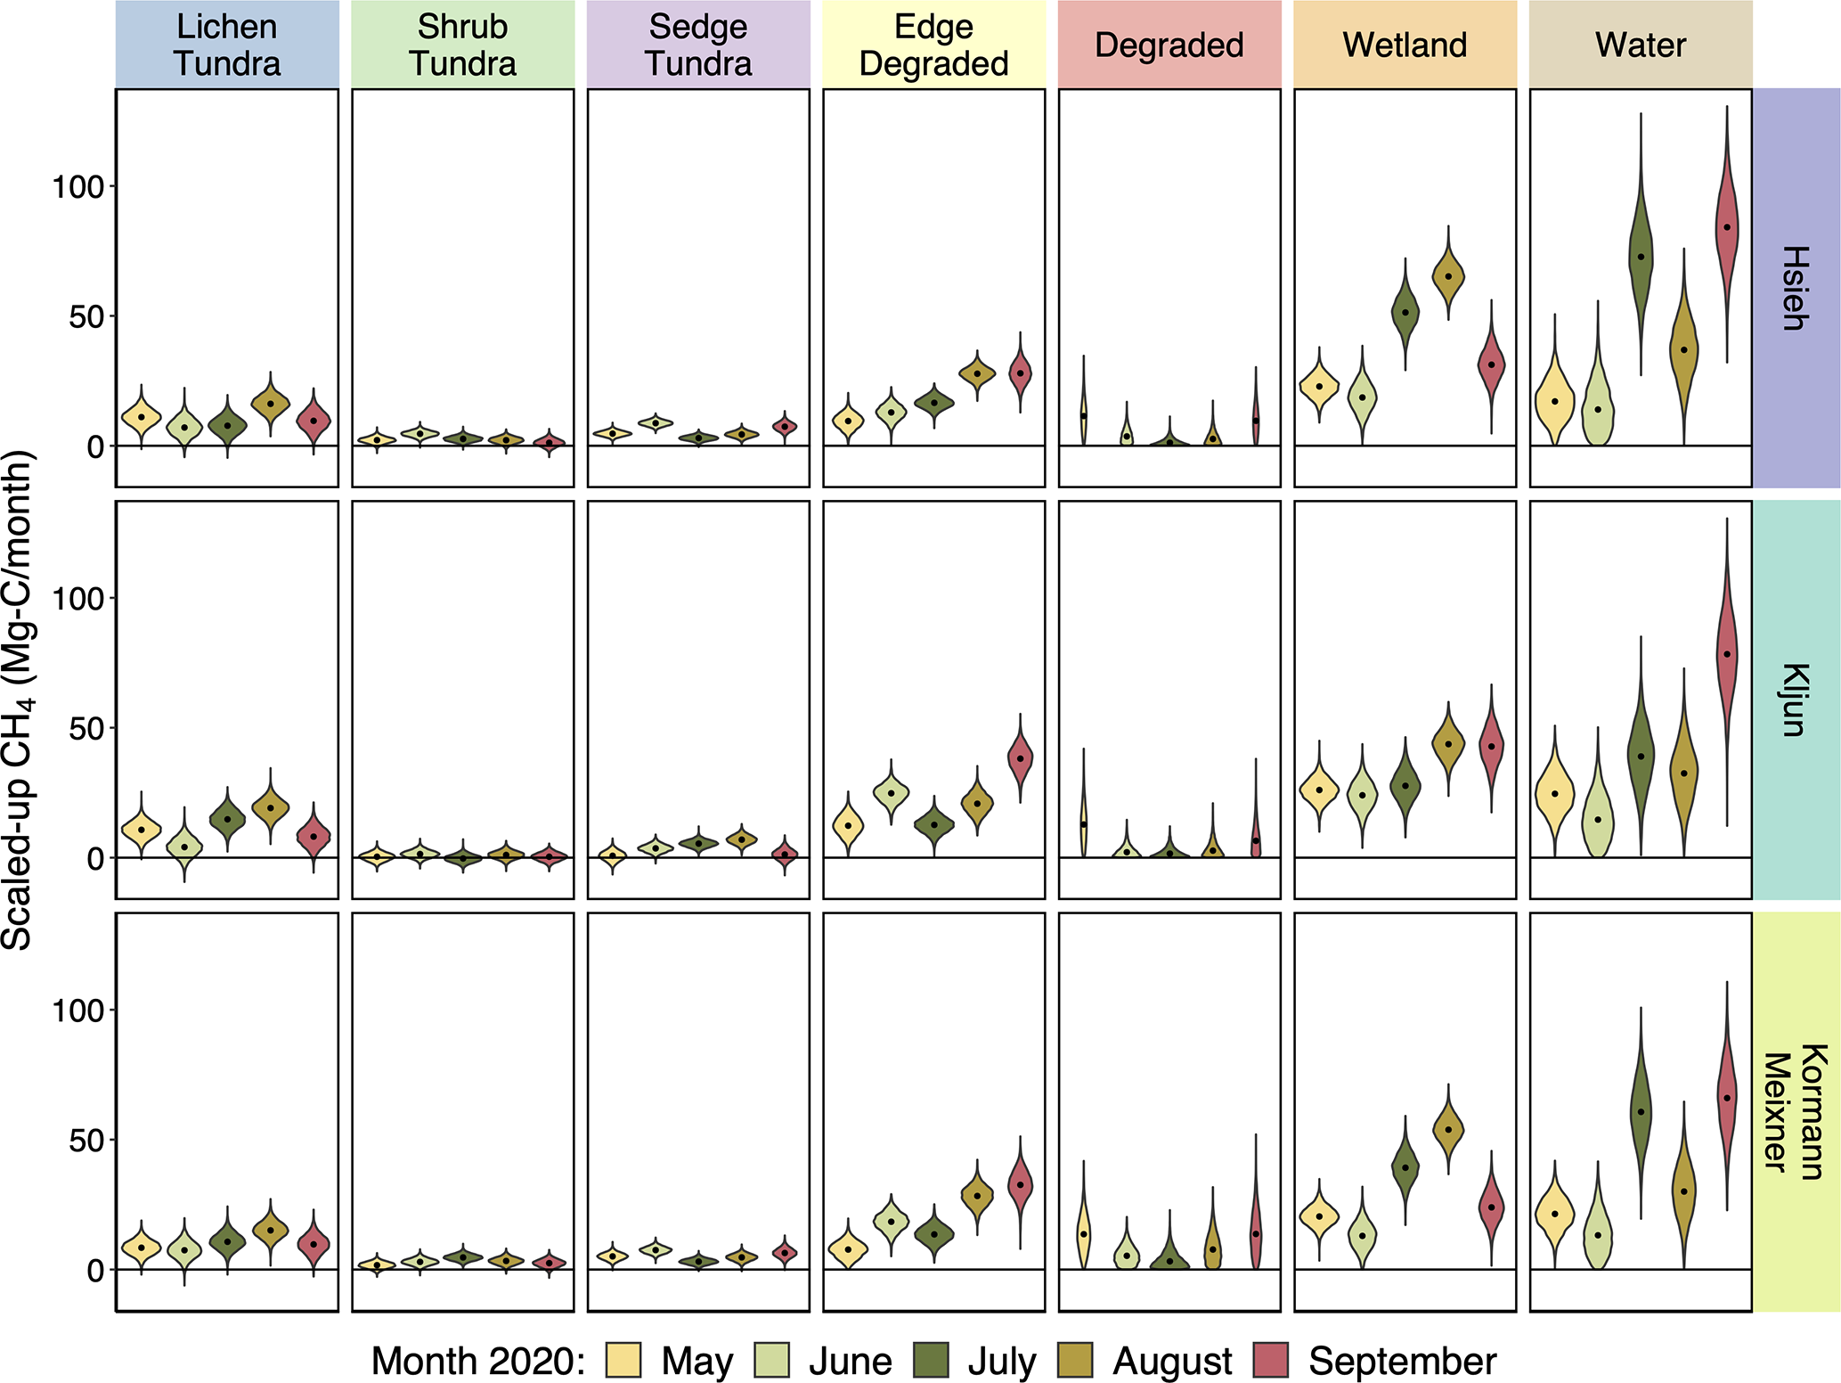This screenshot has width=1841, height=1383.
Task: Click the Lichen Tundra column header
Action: point(227,45)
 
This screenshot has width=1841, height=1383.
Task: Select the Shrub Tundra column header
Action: point(462,45)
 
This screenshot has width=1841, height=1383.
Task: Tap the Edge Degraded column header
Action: point(933,45)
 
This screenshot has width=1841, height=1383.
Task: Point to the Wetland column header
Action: point(1405,45)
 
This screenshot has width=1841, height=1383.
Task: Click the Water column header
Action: point(1641,45)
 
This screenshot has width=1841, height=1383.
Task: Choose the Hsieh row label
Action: point(1796,288)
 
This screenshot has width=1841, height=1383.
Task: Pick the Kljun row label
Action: point(1796,700)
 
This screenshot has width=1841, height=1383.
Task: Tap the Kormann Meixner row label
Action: point(1796,1111)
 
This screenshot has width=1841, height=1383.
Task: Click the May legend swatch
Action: point(623,1361)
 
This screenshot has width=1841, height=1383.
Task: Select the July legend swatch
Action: point(932,1361)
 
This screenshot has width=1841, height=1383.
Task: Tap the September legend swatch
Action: point(1271,1361)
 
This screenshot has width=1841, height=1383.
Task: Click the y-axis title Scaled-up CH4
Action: point(18,700)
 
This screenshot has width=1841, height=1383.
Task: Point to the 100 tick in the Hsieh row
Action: point(78,187)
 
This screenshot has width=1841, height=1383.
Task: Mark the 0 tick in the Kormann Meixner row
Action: point(96,1271)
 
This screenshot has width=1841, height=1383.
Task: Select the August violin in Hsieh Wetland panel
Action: point(1448,276)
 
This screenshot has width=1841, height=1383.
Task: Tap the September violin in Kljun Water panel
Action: point(1727,655)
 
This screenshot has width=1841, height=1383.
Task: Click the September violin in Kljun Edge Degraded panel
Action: point(1020,758)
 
